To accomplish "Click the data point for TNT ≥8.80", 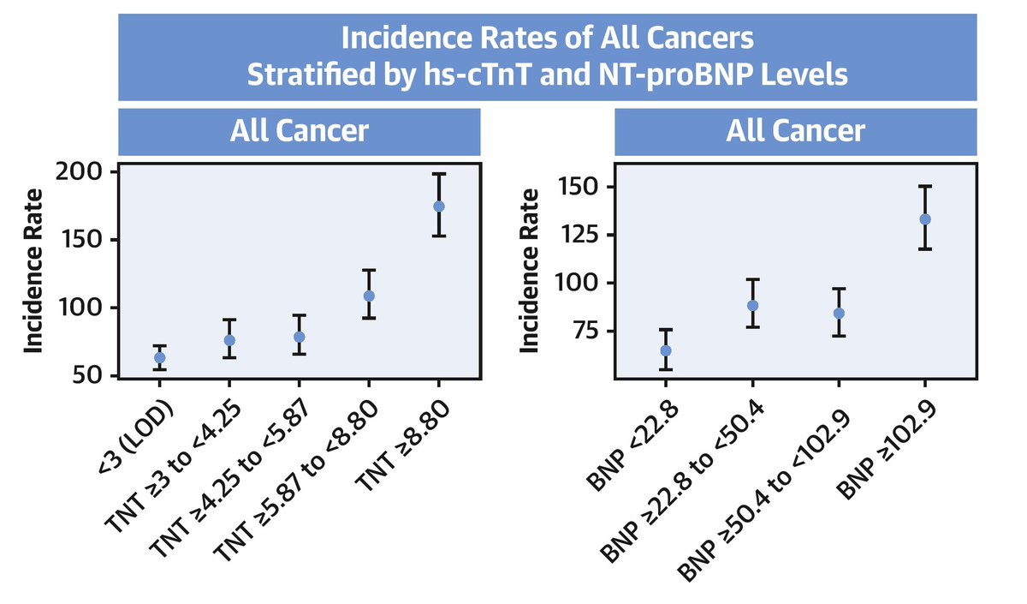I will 439,206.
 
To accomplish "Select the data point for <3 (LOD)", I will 159,357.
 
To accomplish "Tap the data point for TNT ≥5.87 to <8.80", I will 369,296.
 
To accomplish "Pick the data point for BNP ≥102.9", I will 925,219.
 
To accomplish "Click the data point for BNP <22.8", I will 665,350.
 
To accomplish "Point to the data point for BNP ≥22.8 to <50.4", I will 752,305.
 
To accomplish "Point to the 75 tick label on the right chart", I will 584,331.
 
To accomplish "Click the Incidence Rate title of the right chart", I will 531,270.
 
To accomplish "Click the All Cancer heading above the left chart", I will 299,131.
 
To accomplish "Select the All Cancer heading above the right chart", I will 795,131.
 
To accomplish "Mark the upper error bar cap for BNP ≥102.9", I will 925,186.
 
